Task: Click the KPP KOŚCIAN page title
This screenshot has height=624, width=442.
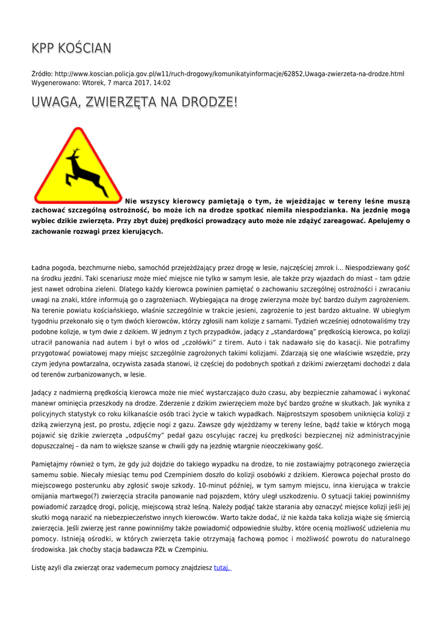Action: [71, 48]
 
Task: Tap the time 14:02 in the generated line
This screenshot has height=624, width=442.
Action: [162, 83]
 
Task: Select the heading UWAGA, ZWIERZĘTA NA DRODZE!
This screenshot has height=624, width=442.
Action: [134, 103]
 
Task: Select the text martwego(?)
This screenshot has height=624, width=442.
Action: [86, 495]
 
